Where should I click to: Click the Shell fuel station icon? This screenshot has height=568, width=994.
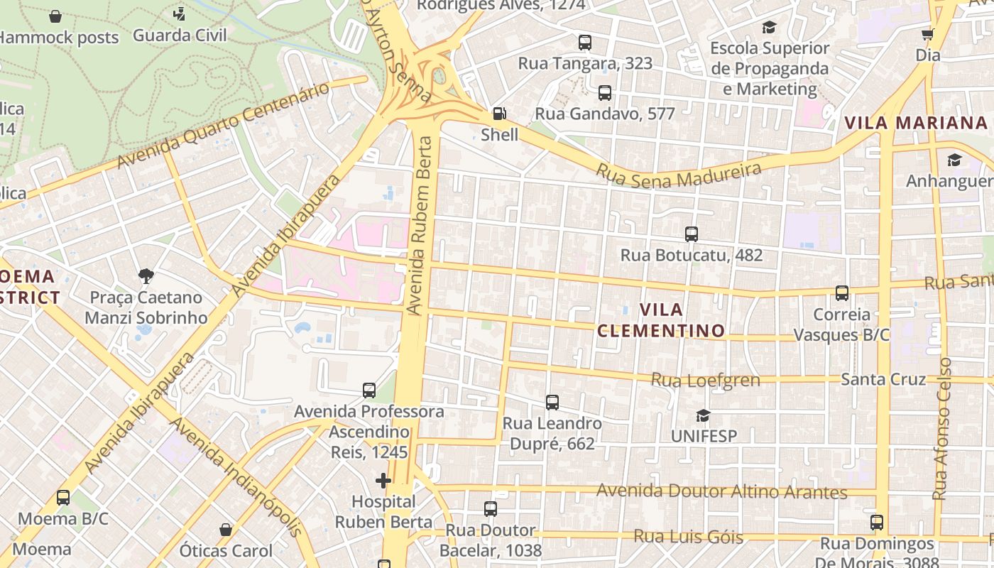(499, 114)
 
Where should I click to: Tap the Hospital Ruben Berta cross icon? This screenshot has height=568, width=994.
(383, 481)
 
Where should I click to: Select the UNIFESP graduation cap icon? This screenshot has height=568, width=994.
(703, 415)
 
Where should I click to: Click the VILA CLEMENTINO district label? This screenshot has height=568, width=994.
(661, 320)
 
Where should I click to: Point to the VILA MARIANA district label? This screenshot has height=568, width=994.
(916, 123)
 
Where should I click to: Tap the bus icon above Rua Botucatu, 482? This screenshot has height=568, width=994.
(691, 234)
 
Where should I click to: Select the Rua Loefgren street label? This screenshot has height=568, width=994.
(705, 380)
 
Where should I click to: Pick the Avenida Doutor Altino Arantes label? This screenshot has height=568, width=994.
(721, 491)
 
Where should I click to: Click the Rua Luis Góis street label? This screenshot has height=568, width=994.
(688, 537)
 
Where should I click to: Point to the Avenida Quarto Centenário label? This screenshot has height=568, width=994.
(224, 126)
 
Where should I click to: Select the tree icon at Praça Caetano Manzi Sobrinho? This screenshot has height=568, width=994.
(146, 275)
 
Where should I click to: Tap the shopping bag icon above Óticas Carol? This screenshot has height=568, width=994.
(226, 530)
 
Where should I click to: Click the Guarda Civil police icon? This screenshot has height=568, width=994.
(179, 13)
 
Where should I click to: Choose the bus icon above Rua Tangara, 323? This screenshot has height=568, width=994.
(584, 43)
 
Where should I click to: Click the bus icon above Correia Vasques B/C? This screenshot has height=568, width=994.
(841, 293)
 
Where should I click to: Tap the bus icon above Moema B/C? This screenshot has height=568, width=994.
(63, 498)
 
